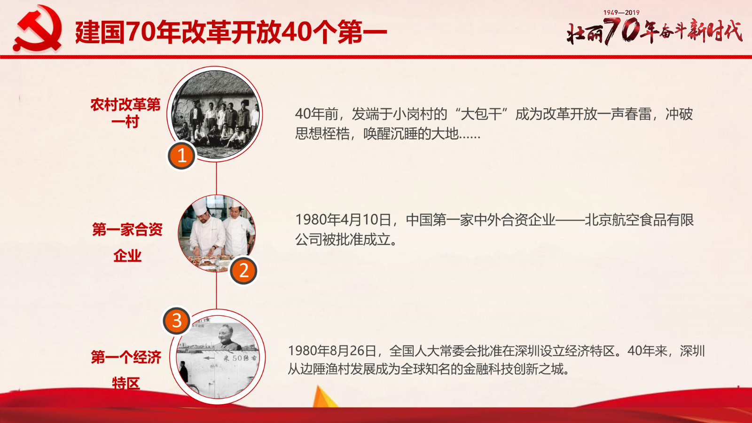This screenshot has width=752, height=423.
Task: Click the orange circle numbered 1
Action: coord(181,156)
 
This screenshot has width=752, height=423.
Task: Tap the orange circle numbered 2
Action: coord(244,271)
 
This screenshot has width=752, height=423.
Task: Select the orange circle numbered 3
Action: coord(177,321)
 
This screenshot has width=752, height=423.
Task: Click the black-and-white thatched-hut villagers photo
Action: coord(215,114)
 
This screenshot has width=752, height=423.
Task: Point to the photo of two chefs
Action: coord(217,233)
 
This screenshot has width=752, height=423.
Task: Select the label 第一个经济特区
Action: coord(126,369)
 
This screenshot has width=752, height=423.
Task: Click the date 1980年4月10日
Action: coord(343,220)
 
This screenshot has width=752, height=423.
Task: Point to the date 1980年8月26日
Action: coord(332,351)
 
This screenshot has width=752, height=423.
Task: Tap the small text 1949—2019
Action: coord(621,12)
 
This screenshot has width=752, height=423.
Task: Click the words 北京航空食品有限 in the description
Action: coord(639,220)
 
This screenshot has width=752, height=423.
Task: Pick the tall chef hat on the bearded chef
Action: coord(200,206)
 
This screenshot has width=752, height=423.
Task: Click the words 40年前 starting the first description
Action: coord(317,114)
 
